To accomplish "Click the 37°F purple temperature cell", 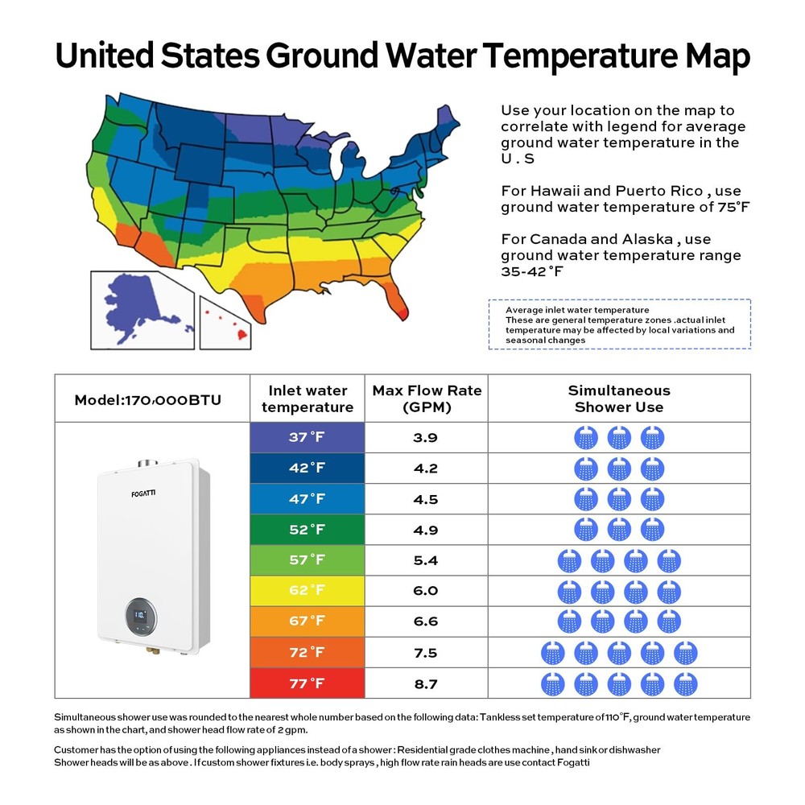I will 307,437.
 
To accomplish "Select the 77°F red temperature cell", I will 307,683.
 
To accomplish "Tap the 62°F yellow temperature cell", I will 307,590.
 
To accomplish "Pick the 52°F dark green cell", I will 307,530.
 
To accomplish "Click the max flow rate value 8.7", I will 425,683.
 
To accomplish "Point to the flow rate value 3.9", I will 425,437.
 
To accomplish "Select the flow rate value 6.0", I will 425,590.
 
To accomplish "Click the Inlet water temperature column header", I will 307,398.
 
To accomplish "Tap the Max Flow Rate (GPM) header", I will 426,398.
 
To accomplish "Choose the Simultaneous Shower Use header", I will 618,398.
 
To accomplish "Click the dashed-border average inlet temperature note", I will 619,324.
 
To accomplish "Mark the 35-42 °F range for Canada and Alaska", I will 532,272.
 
